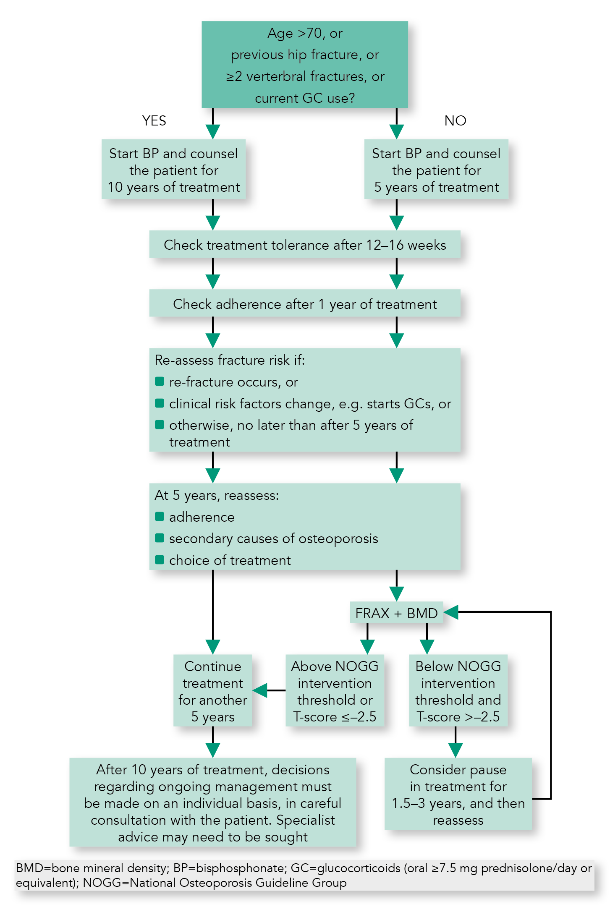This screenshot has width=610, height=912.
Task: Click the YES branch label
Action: point(154,121)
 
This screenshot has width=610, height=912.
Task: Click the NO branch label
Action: point(455,121)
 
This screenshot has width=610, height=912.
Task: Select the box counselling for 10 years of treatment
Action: point(173,170)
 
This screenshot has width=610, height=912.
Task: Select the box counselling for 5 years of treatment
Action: point(436,170)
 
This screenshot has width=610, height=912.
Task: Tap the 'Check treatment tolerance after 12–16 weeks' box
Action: point(305,245)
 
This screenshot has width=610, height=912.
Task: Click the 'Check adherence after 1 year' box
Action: point(305,304)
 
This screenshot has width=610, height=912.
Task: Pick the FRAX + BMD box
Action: point(396,613)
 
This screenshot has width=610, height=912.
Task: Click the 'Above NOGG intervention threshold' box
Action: point(335,691)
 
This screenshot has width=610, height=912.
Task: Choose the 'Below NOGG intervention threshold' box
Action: point(458,691)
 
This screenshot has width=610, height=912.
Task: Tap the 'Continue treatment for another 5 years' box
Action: point(213,691)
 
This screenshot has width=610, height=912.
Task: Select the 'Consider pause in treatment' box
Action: point(458,794)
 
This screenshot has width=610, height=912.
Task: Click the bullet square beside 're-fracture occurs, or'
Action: point(160,382)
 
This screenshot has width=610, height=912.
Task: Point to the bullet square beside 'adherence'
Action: point(160,517)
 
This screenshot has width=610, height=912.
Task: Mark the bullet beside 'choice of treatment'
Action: point(160,560)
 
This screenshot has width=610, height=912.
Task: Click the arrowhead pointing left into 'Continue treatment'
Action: point(260,690)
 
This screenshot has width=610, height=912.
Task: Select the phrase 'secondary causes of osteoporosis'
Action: point(273,538)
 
